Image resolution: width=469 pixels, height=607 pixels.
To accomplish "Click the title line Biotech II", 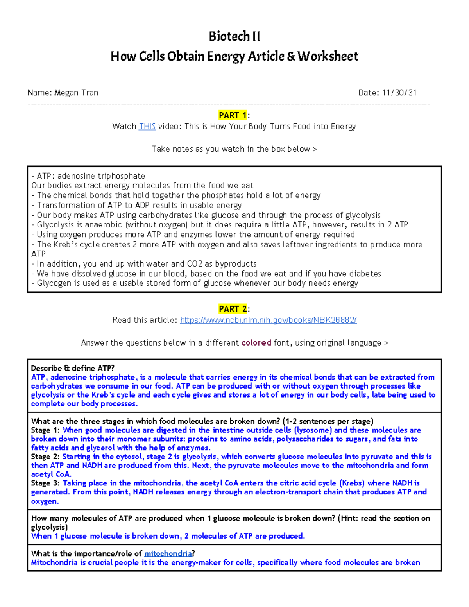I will coord(234,36).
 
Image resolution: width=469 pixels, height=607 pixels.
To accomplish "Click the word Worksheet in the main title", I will coord(328,56).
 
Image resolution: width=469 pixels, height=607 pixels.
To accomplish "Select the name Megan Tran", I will coord(76,93).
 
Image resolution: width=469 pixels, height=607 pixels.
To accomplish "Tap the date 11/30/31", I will coord(399,93).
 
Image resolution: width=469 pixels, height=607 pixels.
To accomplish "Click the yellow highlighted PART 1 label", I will coord(233,115).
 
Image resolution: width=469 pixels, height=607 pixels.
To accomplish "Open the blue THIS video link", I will coord(147,126).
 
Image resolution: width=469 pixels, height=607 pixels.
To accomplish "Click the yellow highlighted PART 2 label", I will coord(233,309).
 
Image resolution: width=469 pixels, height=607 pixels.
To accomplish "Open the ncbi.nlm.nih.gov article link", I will coord(268,320).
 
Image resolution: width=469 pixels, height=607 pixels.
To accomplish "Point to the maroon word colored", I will coord(256,343).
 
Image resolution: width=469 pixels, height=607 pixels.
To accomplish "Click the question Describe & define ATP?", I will coord(73,368).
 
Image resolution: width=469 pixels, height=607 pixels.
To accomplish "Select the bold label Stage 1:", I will coord(45,430).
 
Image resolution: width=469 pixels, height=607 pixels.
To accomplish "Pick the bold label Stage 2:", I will coord(45,457).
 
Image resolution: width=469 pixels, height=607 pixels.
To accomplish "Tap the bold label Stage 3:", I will coord(45,483).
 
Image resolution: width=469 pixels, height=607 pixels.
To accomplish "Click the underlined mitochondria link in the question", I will coord(168,553).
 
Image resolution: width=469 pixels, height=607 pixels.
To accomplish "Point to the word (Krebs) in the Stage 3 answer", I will coord(352,483).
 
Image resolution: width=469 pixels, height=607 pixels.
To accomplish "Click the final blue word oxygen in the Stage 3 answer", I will coord(45,501).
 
